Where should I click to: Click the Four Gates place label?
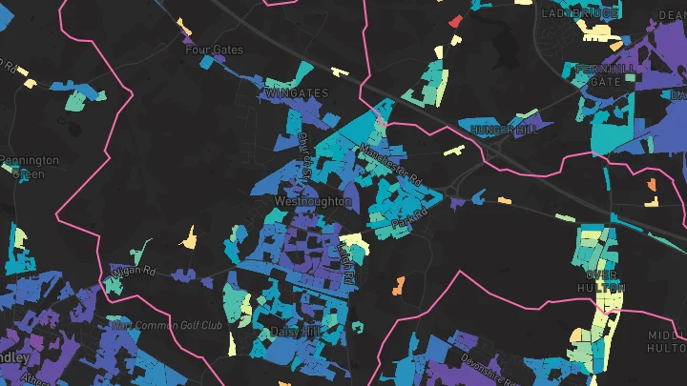click(x=215, y=50)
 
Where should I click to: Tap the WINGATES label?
click(x=297, y=93)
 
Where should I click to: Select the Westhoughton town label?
click(x=313, y=202)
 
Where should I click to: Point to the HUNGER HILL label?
click(x=500, y=129)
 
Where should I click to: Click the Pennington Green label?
click(x=30, y=167)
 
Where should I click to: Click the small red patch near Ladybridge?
click(x=455, y=21)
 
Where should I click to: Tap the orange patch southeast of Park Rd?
click(x=398, y=284)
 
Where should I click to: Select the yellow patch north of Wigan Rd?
click(x=190, y=238)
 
